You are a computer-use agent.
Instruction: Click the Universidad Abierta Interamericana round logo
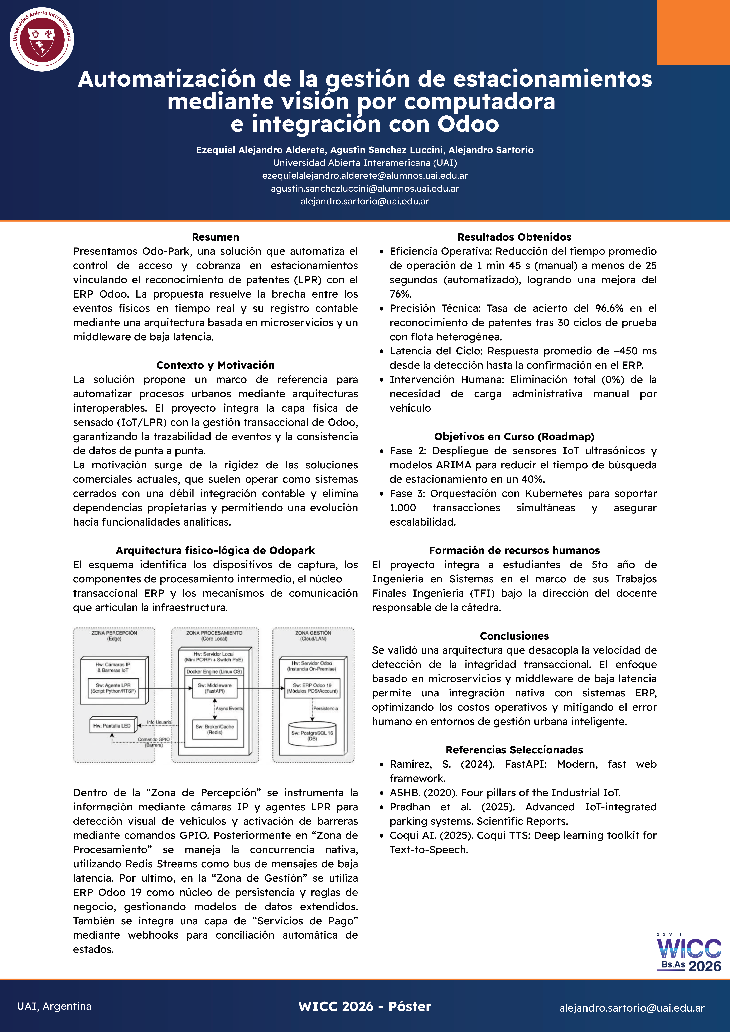(42, 39)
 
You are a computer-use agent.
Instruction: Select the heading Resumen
(216, 237)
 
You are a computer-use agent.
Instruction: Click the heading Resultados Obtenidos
(514, 237)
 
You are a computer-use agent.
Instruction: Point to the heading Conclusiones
(514, 636)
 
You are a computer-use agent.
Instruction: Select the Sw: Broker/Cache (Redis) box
(214, 729)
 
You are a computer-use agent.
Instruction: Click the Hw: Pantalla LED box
(112, 725)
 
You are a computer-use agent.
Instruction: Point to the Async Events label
(229, 708)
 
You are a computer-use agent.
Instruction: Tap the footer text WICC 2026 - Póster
(365, 1006)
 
